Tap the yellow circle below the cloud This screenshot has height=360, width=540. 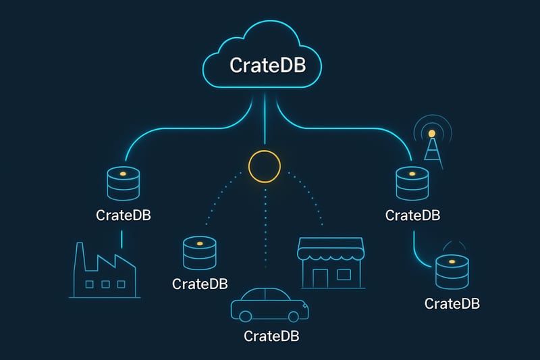click(x=264, y=165)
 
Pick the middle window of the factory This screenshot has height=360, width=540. click(x=106, y=284)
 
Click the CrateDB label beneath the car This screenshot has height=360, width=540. click(x=270, y=336)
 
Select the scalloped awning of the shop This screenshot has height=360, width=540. click(x=331, y=253)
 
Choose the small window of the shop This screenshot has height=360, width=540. click(x=344, y=275)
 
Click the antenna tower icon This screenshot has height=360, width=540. click(x=431, y=143)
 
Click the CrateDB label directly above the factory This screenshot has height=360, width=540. click(x=123, y=216)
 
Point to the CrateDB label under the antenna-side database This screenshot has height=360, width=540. click(x=412, y=215)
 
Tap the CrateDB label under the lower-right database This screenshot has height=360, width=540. click(x=452, y=304)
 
